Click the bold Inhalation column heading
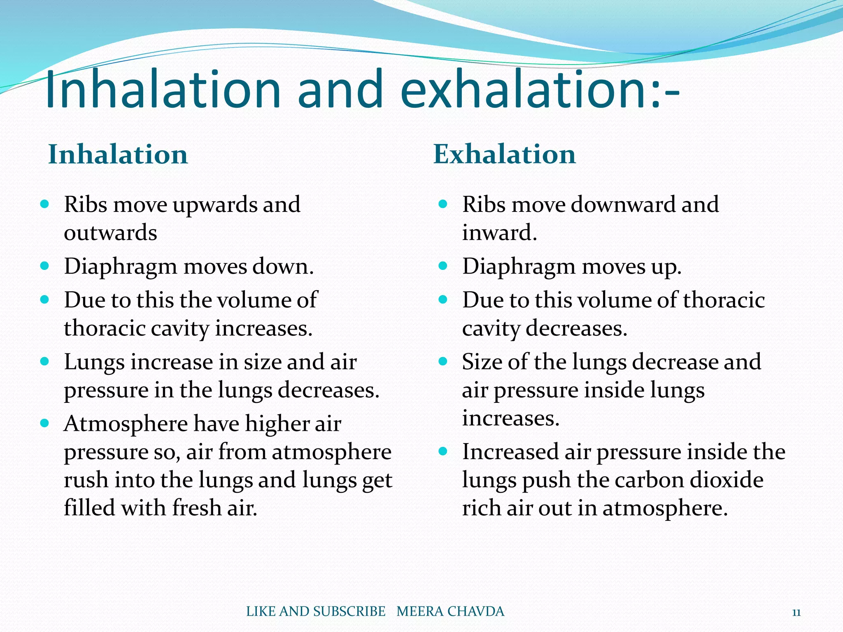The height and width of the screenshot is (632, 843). [118, 155]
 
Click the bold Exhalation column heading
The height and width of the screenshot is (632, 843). [505, 155]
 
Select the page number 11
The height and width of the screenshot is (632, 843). [796, 613]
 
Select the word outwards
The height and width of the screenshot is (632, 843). [110, 233]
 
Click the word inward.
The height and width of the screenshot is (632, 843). [499, 233]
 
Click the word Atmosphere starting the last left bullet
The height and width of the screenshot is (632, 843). [126, 424]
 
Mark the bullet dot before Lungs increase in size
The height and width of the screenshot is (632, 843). [45, 362]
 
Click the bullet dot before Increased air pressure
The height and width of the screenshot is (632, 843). [443, 451]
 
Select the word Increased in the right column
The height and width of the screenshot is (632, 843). [510, 452]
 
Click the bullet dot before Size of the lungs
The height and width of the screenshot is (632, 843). [443, 362]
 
